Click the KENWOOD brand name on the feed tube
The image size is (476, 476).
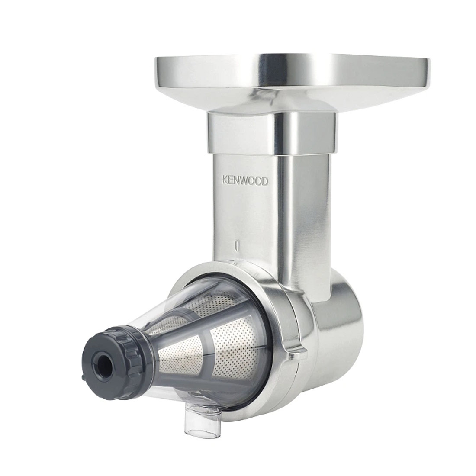pyautogui.click(x=245, y=181)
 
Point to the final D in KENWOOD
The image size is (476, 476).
pyautogui.click(x=265, y=182)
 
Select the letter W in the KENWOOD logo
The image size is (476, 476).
pyautogui.click(x=246, y=181)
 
